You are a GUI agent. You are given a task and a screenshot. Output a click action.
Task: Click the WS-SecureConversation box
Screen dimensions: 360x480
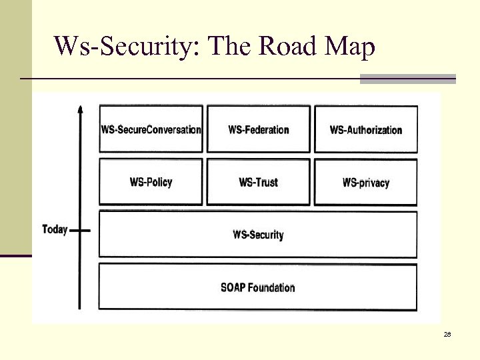click(151, 129)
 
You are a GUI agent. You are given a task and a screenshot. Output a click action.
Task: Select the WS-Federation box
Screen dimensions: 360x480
click(259, 129)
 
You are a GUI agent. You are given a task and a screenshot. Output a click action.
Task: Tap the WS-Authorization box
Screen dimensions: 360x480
click(366, 129)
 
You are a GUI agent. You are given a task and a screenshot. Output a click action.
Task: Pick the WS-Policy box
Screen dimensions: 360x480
click(151, 182)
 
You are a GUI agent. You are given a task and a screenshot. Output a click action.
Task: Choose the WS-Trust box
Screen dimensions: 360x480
click(259, 182)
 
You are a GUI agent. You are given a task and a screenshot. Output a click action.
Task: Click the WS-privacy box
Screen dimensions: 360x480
click(366, 182)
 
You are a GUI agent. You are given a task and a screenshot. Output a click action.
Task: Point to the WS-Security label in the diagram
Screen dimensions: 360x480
click(258, 235)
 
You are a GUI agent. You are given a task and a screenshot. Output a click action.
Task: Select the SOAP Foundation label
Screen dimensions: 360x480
click(258, 287)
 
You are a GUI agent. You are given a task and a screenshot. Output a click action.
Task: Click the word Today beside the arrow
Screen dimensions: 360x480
click(55, 230)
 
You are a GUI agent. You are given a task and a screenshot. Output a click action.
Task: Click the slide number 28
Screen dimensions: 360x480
click(447, 335)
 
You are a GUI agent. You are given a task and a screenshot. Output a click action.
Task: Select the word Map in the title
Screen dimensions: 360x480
click(349, 46)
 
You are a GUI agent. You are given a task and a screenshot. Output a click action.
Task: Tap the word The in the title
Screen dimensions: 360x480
click(231, 46)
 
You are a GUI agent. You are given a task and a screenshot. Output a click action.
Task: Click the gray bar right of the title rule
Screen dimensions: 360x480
click(407, 79)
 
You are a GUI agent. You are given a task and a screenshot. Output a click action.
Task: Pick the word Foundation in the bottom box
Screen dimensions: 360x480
click(273, 287)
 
